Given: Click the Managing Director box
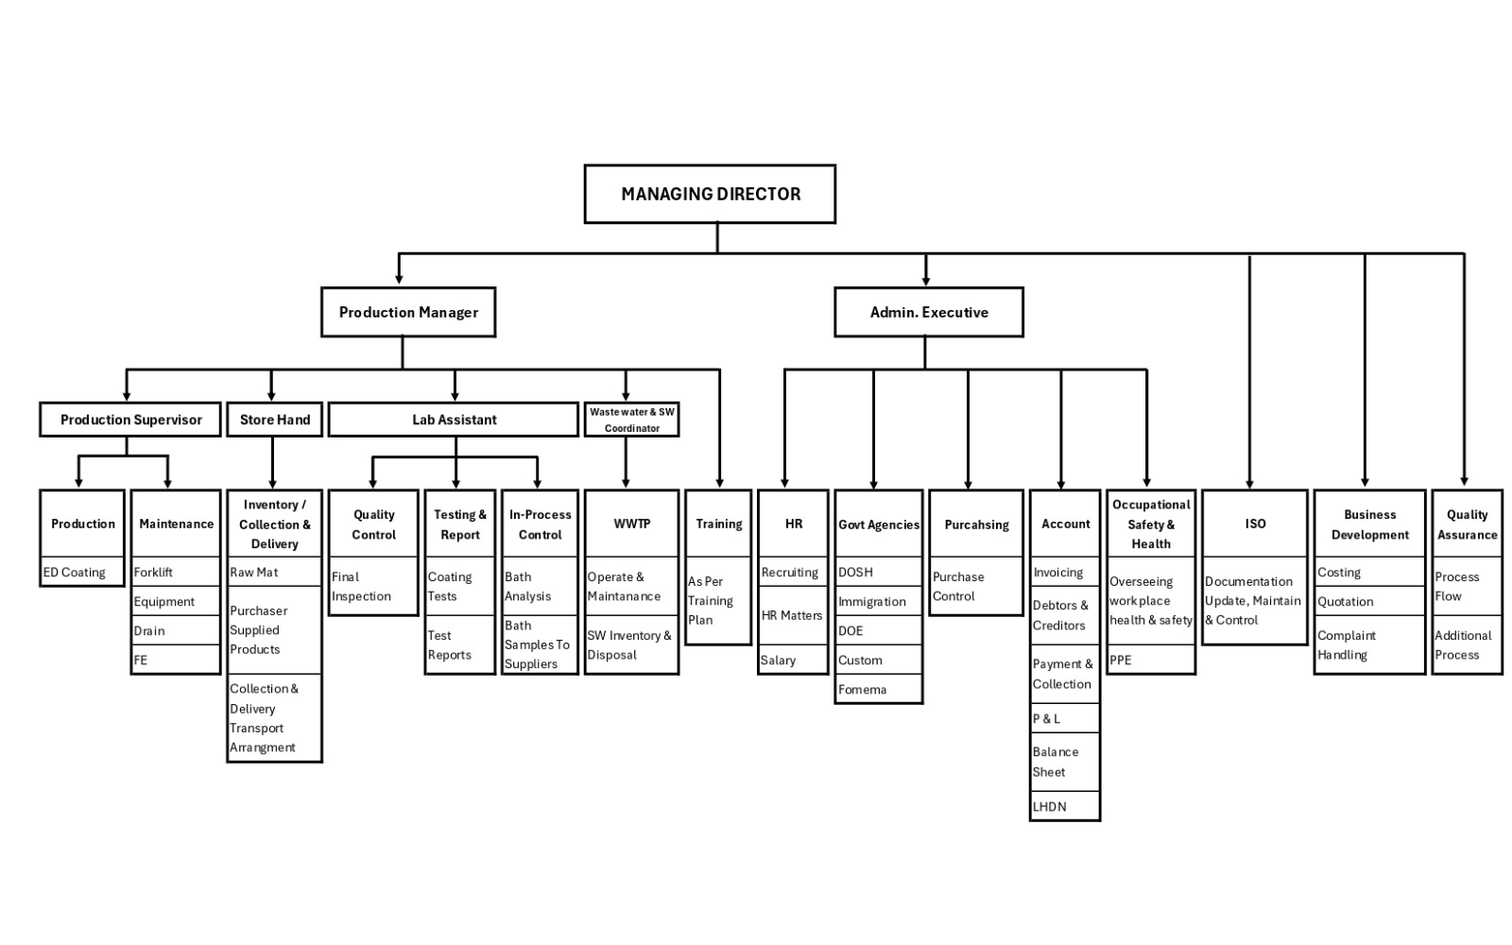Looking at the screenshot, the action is (x=710, y=194).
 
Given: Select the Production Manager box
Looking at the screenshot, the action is (x=408, y=312).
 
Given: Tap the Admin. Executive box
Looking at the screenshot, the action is (x=929, y=312).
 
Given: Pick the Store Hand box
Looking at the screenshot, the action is (x=275, y=420).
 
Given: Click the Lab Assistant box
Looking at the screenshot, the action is (x=454, y=420).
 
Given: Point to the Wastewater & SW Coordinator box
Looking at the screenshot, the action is (x=632, y=420).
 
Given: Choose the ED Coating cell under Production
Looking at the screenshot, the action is (x=82, y=572).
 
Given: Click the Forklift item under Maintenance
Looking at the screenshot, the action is (x=176, y=572).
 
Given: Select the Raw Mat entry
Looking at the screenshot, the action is (x=274, y=572).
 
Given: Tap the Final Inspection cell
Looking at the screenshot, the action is (x=373, y=586).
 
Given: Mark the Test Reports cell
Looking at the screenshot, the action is (x=460, y=644).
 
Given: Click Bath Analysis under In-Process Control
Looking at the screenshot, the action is (x=540, y=586).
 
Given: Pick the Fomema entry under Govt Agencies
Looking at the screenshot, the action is (x=879, y=689).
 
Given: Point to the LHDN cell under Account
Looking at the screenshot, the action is (x=1065, y=806).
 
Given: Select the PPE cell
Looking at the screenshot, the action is (x=1151, y=660).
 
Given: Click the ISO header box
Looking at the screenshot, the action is (x=1255, y=524).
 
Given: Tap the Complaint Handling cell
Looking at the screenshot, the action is (x=1369, y=644).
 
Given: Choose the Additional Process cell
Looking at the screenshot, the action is (x=1467, y=644).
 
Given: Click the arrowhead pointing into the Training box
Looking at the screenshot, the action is (x=719, y=483).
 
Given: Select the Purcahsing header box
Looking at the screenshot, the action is (x=976, y=524).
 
